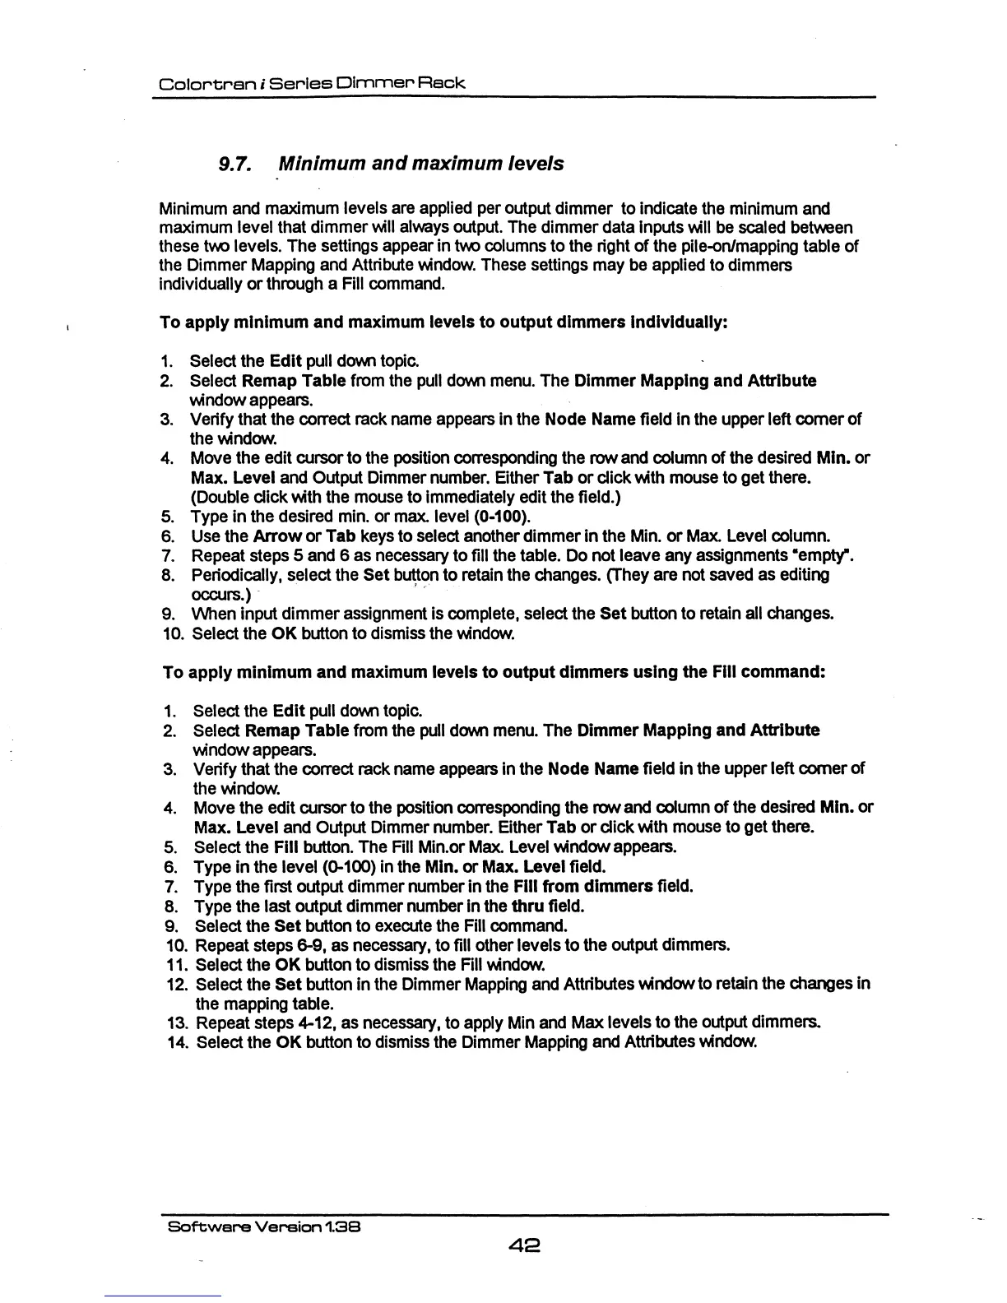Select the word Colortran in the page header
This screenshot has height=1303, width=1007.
click(195, 83)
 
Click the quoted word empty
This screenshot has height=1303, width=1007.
click(825, 556)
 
